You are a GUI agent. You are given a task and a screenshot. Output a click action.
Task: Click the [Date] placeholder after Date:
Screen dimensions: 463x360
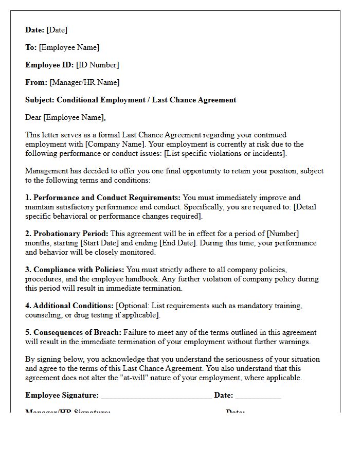tap(57, 30)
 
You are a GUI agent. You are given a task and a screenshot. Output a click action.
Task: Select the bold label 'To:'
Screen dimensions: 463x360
tap(31, 47)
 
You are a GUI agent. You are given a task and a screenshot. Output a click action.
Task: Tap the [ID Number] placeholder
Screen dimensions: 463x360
tap(97, 65)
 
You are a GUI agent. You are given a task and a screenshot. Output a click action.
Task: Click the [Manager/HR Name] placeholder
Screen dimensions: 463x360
tap(84, 82)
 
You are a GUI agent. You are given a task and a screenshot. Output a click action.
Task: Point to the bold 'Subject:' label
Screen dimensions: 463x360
tap(40, 100)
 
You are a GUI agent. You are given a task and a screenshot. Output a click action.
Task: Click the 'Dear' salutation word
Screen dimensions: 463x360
tap(33, 117)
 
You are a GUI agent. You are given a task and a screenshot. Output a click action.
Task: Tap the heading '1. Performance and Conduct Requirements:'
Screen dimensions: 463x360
tap(103, 198)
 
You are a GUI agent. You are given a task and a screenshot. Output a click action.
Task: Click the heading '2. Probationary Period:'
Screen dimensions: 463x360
tap(67, 234)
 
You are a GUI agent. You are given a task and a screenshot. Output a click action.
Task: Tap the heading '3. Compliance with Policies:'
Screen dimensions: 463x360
tap(75, 270)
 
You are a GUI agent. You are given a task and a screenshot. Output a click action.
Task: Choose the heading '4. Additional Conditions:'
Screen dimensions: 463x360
tap(69, 306)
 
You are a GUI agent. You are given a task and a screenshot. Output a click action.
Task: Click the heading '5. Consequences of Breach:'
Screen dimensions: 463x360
tap(74, 332)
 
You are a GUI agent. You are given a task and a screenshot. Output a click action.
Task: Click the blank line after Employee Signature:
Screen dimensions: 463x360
tap(156, 396)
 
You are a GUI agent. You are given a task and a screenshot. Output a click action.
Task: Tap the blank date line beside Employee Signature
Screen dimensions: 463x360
tap(258, 396)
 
